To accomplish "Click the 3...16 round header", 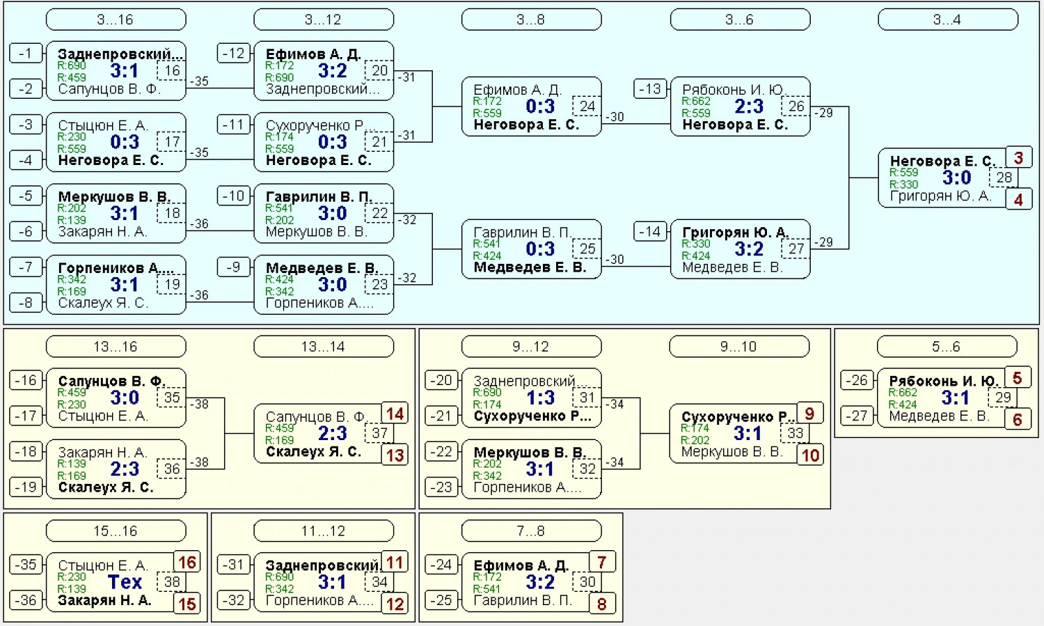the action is [x=116, y=19].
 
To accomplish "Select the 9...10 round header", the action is [x=739, y=347].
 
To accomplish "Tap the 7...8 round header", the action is [x=531, y=531].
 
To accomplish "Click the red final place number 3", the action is [x=1018, y=157].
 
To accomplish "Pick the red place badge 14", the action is [x=395, y=414].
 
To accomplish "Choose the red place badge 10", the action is [x=811, y=455].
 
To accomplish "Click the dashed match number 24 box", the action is [x=587, y=107].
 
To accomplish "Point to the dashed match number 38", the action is [x=171, y=581].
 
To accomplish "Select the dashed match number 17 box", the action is [x=171, y=141].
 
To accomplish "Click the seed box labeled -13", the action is [x=650, y=88].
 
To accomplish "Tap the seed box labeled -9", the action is [x=233, y=267].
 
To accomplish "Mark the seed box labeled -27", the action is [x=857, y=416].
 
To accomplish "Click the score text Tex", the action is [x=125, y=581].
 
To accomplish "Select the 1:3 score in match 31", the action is [x=540, y=398].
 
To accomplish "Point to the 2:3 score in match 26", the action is [x=749, y=107].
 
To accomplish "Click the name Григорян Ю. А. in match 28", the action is [x=940, y=196].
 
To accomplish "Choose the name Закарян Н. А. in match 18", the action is [x=102, y=232].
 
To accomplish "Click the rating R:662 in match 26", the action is [x=696, y=101].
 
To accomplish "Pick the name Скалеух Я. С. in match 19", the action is [x=103, y=303].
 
